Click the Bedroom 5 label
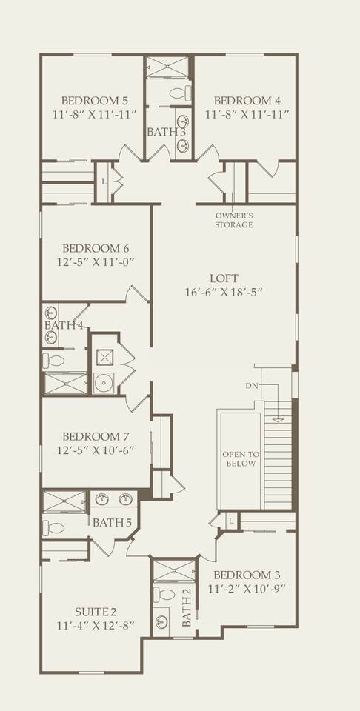click(96, 100)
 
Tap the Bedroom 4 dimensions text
click(247, 114)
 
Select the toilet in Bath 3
click(180, 93)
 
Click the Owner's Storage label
click(234, 221)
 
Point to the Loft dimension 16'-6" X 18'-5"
click(224, 293)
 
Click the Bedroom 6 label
click(96, 249)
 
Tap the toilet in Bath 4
click(53, 361)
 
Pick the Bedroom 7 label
click(96, 437)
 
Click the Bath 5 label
click(112, 523)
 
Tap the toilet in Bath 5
click(53, 528)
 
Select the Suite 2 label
click(96, 612)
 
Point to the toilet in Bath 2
click(164, 594)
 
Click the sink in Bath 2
click(161, 621)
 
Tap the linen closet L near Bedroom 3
click(231, 521)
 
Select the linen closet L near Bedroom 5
click(104, 182)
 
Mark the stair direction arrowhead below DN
click(279, 420)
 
